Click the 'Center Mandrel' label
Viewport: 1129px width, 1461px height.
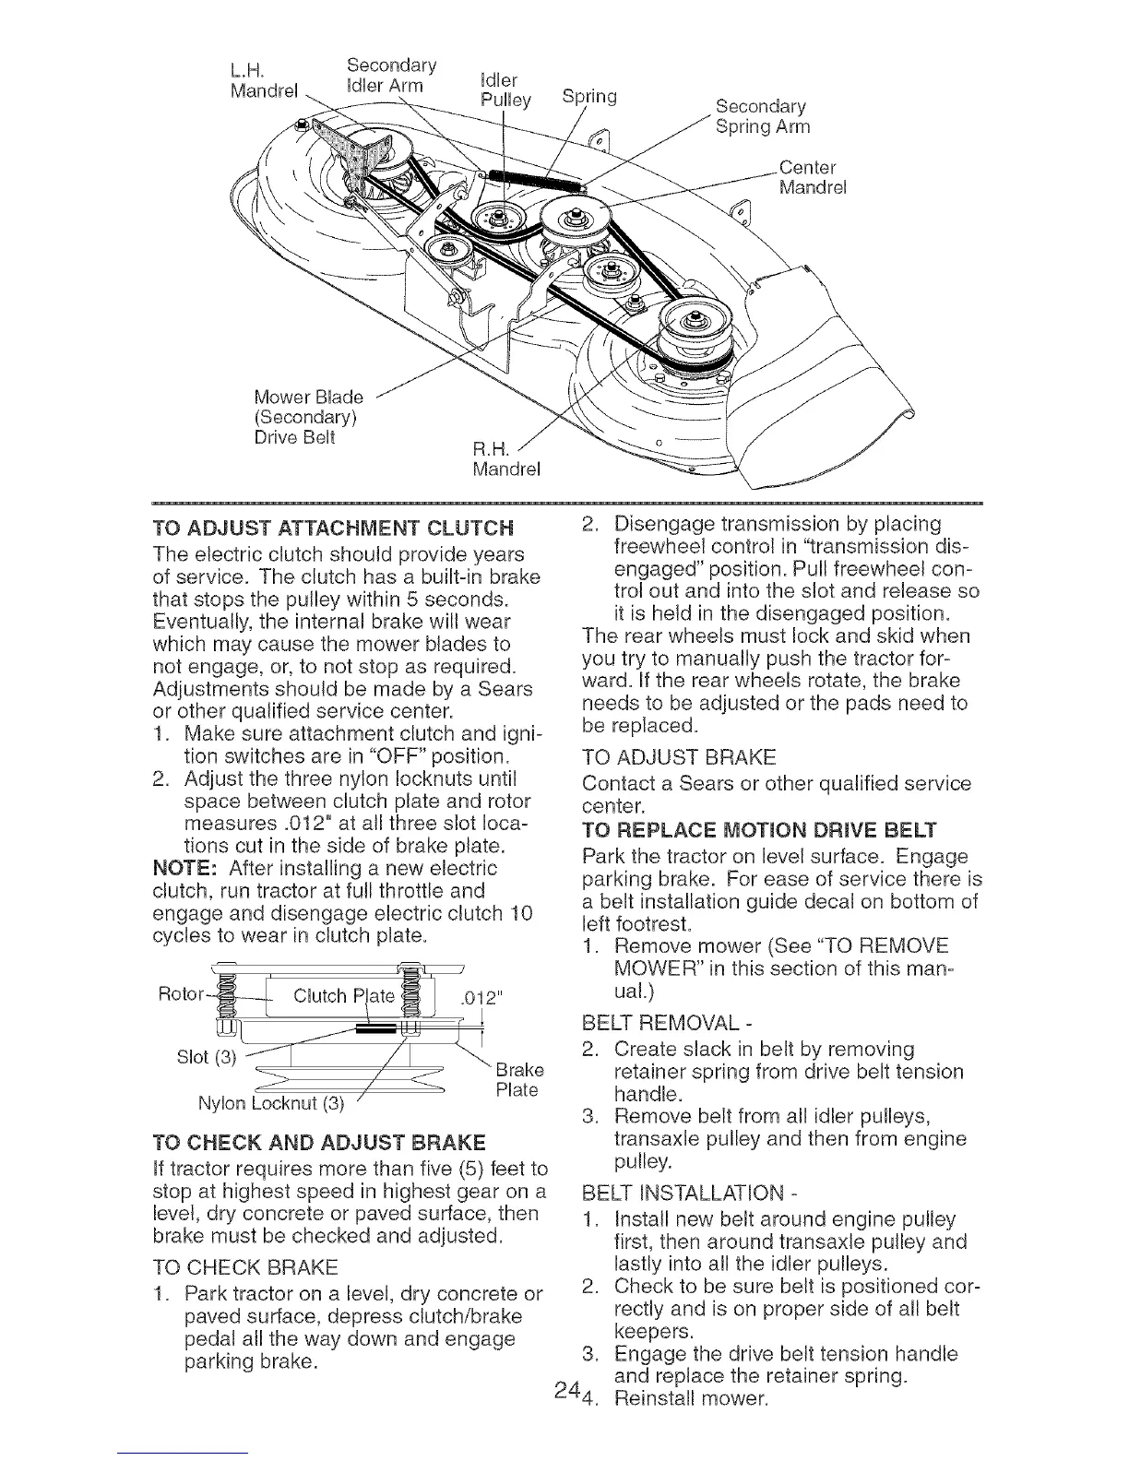point(811,178)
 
